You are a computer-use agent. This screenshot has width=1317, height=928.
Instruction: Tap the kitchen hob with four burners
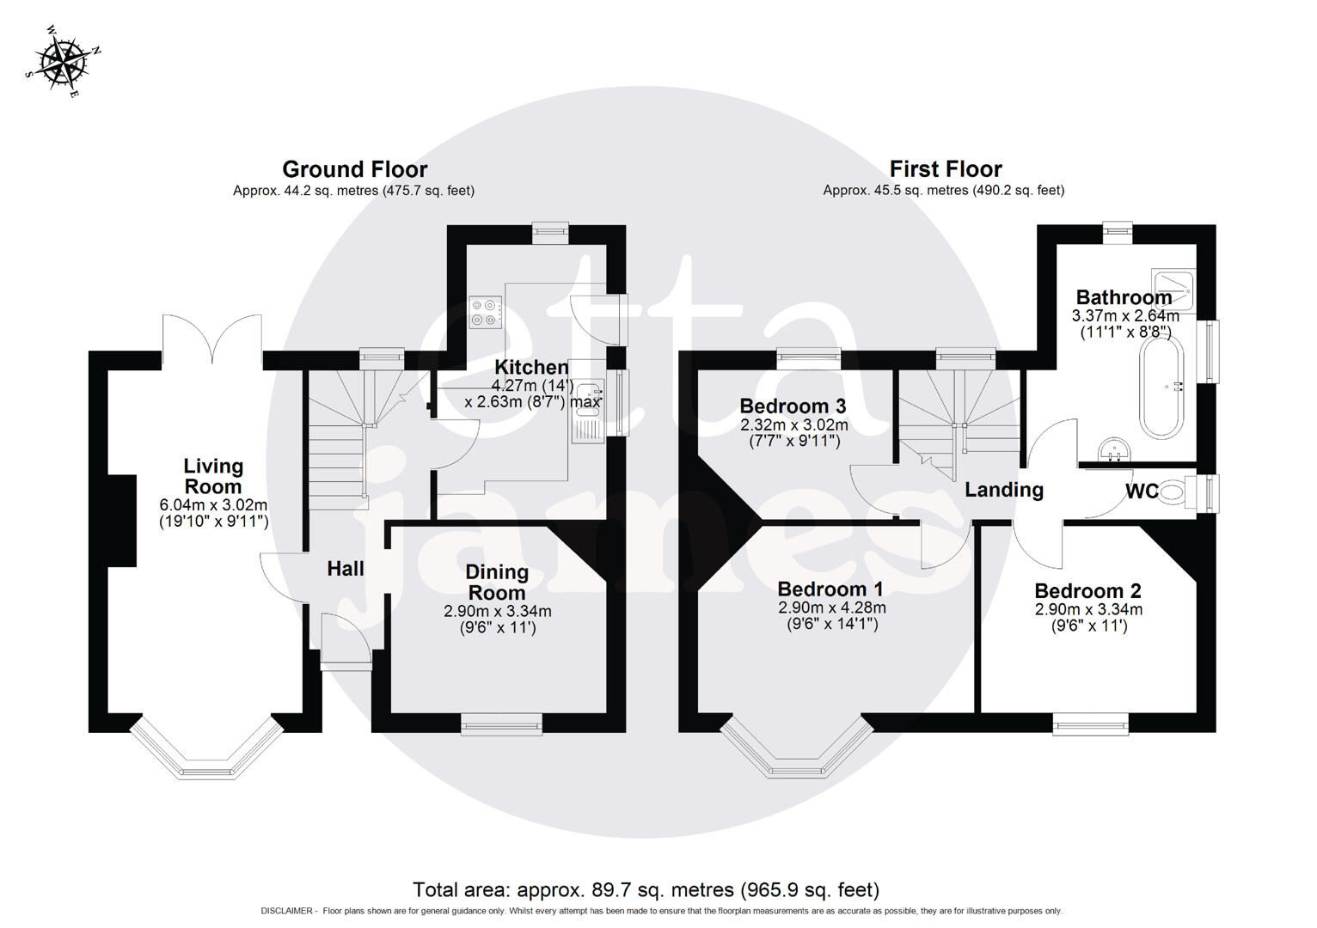click(486, 311)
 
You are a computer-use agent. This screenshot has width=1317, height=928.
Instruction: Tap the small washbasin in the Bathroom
click(1115, 449)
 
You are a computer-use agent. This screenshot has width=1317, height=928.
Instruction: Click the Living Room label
click(213, 476)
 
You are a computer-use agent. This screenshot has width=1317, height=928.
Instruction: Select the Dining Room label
click(496, 583)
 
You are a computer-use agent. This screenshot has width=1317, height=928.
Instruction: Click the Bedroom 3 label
click(793, 406)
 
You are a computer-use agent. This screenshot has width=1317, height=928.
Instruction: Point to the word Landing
click(1003, 490)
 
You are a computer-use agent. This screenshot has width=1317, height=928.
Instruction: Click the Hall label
click(345, 568)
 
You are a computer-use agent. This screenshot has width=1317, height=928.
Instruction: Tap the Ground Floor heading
click(354, 169)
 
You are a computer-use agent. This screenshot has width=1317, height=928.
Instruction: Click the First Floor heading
click(945, 169)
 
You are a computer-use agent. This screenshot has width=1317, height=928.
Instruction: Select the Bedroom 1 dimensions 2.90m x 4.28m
click(831, 607)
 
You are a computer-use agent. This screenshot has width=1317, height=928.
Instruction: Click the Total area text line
click(646, 889)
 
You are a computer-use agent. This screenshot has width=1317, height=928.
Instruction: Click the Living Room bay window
click(206, 756)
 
